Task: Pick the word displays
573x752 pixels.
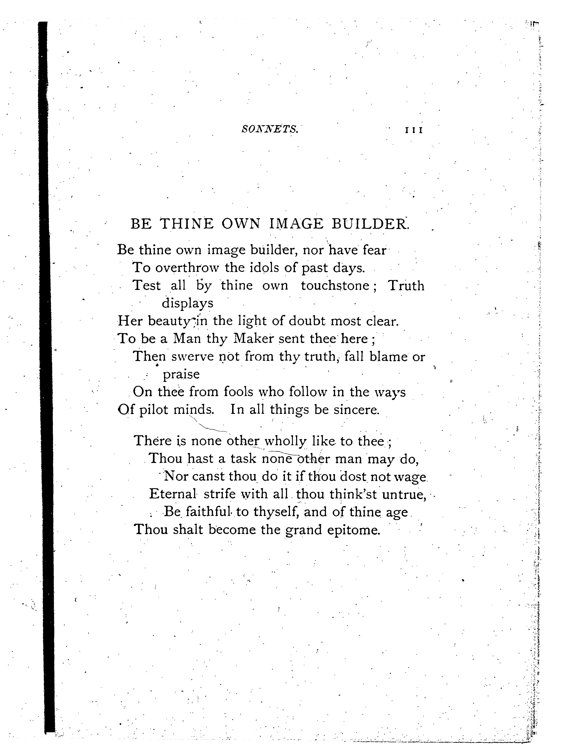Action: pos(187,303)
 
